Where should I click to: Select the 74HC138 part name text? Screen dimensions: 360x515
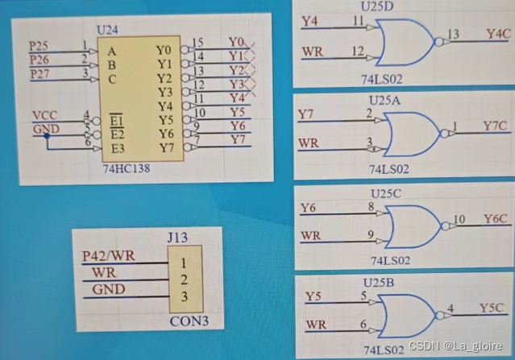tap(127, 170)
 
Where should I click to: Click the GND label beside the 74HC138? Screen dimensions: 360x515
tap(45, 129)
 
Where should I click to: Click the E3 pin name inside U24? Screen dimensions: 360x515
tap(118, 148)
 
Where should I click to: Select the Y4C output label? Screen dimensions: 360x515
tap(497, 33)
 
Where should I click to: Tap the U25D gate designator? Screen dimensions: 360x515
tap(376, 6)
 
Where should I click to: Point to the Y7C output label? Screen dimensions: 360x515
tap(495, 126)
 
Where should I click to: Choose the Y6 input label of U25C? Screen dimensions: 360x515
tap(309, 209)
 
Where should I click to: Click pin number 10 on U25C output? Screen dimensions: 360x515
tap(459, 219)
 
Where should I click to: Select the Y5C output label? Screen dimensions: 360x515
tap(492, 308)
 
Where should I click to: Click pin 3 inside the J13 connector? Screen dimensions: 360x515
tap(185, 298)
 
